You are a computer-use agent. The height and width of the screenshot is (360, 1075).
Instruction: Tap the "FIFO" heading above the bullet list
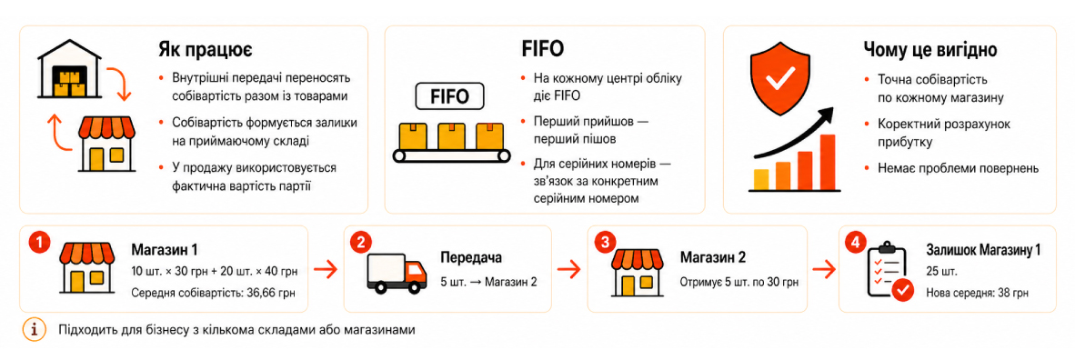point(543,48)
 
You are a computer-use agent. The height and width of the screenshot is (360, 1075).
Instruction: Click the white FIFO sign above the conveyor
point(450,95)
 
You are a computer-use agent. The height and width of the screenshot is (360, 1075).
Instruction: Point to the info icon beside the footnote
point(35,330)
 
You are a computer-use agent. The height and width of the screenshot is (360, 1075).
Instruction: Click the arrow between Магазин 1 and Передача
point(325,269)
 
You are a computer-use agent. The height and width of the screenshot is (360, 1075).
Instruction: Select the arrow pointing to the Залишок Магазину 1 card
point(823,269)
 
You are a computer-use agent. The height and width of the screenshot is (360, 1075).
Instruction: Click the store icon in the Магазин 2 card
point(642,270)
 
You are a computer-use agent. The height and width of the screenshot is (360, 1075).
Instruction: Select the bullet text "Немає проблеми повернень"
point(958,167)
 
